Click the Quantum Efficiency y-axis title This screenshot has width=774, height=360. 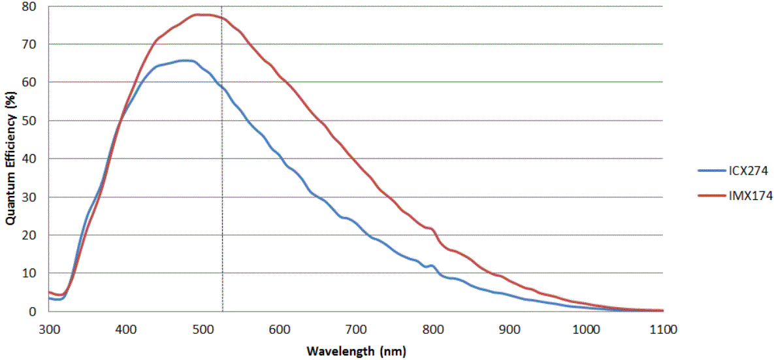coord(11,158)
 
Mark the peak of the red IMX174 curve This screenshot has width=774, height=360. coord(199,14)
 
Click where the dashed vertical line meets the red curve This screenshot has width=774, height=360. coord(222,18)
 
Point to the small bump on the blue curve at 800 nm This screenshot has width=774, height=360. coord(432,265)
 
